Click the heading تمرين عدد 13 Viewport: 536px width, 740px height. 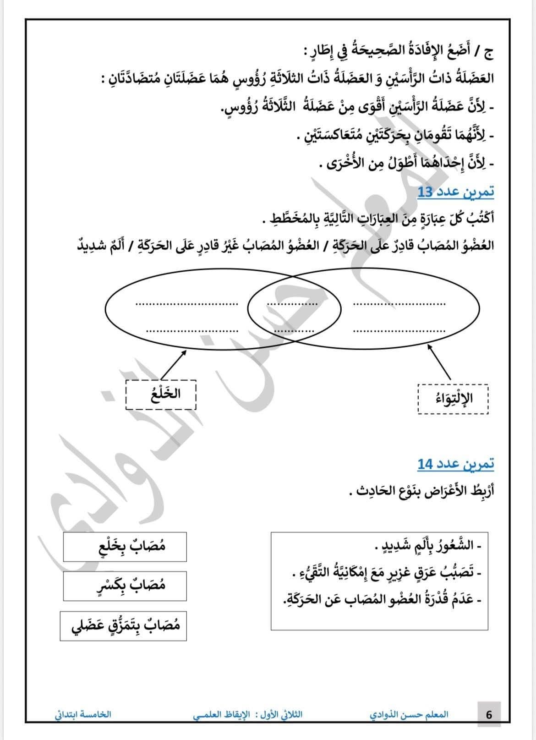point(455,192)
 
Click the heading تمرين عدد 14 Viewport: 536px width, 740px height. point(455,464)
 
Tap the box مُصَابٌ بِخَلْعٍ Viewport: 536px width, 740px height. point(125,547)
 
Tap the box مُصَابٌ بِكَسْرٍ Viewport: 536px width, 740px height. point(125,586)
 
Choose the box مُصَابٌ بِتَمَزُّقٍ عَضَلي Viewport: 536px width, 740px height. point(123,625)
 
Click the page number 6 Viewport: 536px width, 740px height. point(489,714)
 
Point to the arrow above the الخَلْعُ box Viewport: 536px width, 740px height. point(174,365)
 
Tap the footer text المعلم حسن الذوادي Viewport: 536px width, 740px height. point(409,714)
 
